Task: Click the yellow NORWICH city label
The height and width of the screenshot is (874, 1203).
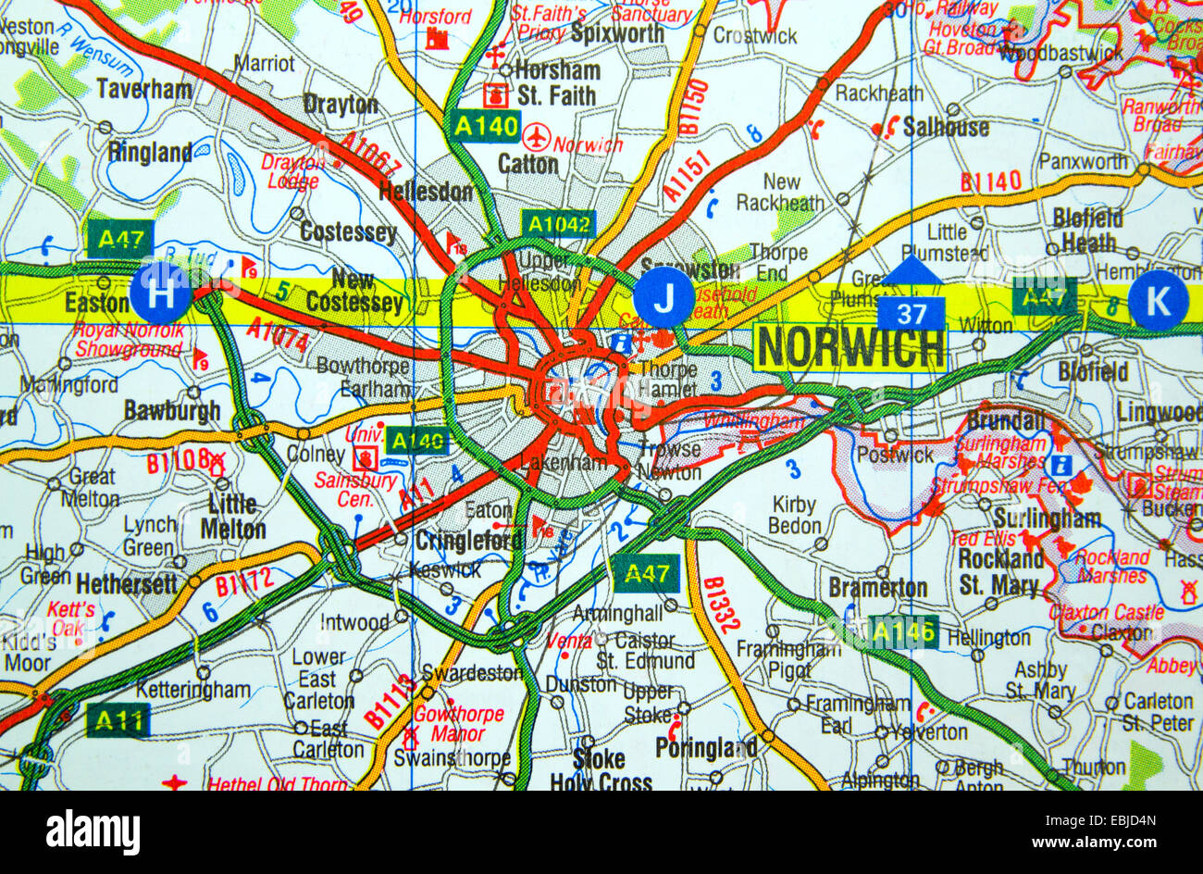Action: tap(850, 348)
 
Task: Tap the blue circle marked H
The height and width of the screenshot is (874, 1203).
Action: tap(161, 293)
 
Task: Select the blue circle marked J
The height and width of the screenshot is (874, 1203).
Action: tap(664, 297)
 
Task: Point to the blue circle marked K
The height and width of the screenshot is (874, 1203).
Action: tap(1158, 300)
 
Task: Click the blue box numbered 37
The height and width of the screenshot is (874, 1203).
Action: tap(912, 315)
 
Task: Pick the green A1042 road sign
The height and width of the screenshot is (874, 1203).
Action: tap(558, 223)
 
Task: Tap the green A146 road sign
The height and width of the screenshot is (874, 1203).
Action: tap(903, 632)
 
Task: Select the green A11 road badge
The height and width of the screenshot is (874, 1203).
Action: tap(118, 719)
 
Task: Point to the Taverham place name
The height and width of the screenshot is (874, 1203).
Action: tap(144, 90)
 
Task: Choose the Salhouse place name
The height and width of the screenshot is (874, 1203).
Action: tap(946, 127)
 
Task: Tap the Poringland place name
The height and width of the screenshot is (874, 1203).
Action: tap(705, 748)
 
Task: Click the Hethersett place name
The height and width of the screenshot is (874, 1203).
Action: tap(126, 584)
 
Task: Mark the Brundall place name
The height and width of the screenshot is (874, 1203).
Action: tap(1005, 419)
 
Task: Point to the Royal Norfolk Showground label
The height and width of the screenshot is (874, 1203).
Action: tap(128, 340)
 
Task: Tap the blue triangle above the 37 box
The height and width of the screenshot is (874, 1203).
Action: tap(912, 271)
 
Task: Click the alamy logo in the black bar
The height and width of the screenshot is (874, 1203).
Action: tap(93, 831)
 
